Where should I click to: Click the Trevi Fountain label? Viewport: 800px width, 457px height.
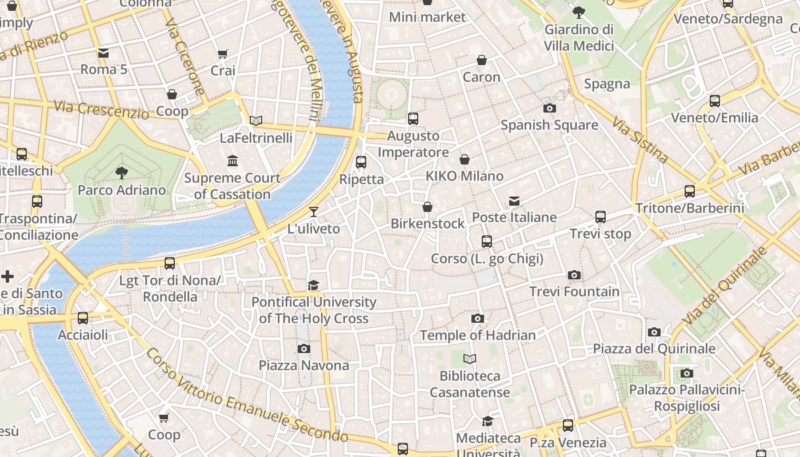click(574, 292)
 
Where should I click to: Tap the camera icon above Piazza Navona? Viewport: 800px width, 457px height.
click(304, 348)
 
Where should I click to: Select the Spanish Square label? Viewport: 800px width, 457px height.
click(549, 125)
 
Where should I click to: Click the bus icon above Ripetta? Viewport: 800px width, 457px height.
click(361, 162)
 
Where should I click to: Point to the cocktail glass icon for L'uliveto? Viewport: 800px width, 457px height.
click(313, 213)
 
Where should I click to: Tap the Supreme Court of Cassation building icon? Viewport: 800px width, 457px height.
click(233, 161)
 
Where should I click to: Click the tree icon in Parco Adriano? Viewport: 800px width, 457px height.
click(121, 173)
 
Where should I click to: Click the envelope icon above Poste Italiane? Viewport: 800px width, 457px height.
click(514, 201)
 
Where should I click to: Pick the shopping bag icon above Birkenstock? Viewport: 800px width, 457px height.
click(427, 207)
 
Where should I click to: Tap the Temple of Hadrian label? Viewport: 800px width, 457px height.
click(478, 335)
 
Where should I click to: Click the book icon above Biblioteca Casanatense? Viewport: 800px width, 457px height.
click(470, 359)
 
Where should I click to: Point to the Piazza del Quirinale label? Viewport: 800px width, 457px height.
click(654, 348)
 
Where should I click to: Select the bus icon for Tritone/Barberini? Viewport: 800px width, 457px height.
click(690, 191)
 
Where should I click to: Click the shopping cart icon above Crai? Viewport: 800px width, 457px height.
click(223, 54)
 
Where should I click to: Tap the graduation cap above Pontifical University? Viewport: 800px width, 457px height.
click(313, 285)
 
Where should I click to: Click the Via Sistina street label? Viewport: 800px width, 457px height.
click(639, 140)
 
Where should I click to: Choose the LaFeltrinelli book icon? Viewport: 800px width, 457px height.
click(256, 121)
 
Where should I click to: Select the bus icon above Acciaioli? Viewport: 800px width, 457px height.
click(83, 318)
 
